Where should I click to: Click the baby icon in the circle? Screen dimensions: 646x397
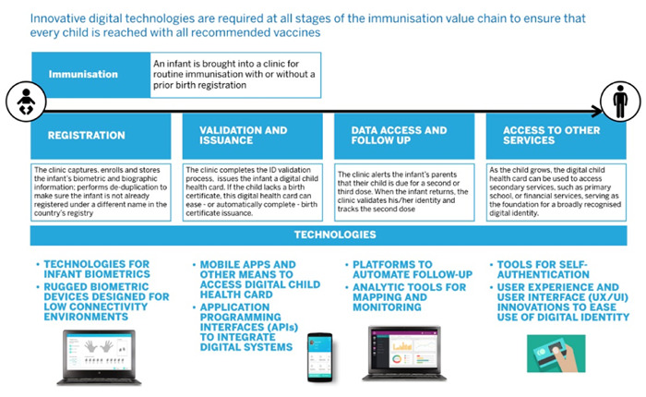tap(26, 102)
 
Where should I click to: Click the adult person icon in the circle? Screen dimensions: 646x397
tap(620, 101)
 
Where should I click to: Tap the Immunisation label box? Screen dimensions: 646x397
tap(90, 75)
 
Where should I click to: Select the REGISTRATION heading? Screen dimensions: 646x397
tap(86, 135)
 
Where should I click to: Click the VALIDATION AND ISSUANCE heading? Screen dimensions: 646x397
tap(243, 135)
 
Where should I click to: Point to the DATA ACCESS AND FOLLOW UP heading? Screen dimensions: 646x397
tap(399, 135)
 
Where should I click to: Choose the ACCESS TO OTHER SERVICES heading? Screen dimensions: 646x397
tap(551, 135)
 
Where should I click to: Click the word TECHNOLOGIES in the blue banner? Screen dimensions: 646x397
tap(335, 235)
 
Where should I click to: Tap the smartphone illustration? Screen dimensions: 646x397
tap(319, 357)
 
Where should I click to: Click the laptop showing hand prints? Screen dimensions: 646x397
tap(100, 357)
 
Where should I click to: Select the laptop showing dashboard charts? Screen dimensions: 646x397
tap(404, 353)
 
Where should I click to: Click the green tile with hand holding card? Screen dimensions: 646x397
tap(556, 354)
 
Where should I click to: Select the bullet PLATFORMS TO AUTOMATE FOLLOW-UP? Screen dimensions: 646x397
tap(409, 270)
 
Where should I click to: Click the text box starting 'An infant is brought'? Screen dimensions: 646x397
tap(235, 75)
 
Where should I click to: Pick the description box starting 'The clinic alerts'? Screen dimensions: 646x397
tap(404, 192)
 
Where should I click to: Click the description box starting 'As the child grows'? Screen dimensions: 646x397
tap(556, 192)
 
